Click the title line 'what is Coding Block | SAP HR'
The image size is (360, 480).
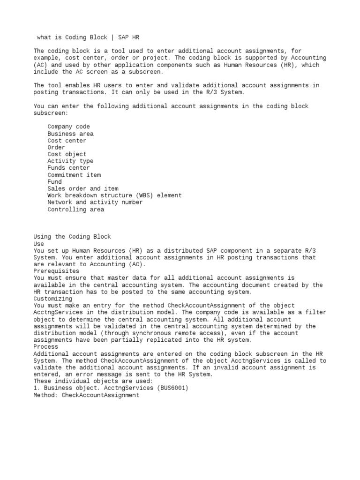click(88, 37)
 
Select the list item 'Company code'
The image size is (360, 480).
click(68, 127)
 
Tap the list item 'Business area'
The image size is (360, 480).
click(70, 134)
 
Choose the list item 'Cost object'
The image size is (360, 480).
click(67, 154)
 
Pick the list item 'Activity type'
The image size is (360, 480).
click(70, 161)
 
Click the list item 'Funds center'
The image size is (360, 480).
click(68, 168)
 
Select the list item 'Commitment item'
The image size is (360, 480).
click(74, 175)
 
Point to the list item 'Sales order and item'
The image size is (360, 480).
click(82, 188)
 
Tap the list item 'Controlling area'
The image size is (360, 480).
click(75, 210)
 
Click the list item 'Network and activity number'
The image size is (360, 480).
click(95, 202)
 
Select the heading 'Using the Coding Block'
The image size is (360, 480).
click(72, 237)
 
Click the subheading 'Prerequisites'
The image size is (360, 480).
click(56, 271)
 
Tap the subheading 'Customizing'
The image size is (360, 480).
click(53, 299)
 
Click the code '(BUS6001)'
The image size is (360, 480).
click(172, 388)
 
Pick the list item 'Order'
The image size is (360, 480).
click(56, 147)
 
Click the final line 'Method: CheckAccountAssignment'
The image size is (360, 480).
click(86, 395)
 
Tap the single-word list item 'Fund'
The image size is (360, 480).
click(54, 182)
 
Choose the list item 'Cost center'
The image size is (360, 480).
click(67, 141)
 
